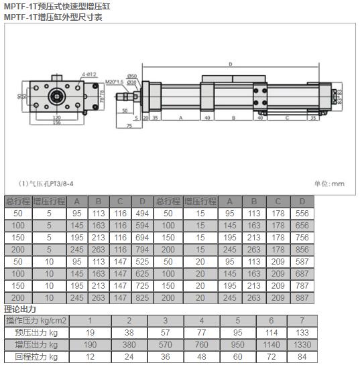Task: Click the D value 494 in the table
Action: [141, 214]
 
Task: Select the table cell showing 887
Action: [302, 298]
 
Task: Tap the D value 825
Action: [141, 298]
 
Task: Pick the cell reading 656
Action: [302, 226]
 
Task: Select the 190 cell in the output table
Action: [91, 344]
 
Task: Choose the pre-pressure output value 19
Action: [91, 332]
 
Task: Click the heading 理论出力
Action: [20, 309]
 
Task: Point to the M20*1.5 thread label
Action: [115, 82]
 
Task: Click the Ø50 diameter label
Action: [131, 76]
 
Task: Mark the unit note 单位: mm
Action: [328, 183]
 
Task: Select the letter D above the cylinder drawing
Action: [230, 64]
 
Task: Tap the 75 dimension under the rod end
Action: [128, 125]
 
